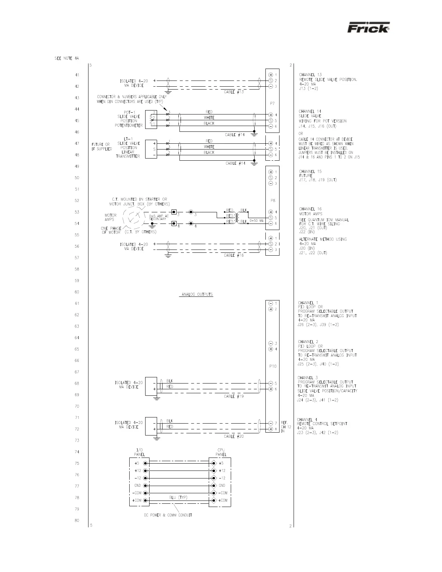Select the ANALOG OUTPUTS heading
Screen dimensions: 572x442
pyautogui.click(x=196, y=295)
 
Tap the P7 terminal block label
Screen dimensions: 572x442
pyautogui.click(x=273, y=103)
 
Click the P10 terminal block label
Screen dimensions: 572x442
pyautogui.click(x=273, y=366)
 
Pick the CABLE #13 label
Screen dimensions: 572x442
pyautogui.click(x=234, y=92)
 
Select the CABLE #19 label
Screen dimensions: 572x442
pyautogui.click(x=234, y=396)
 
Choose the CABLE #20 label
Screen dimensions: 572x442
pyautogui.click(x=234, y=436)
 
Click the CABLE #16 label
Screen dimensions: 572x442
pyautogui.click(x=234, y=255)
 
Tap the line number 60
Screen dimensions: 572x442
pyautogui.click(x=77, y=292)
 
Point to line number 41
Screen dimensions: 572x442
pyautogui.click(x=77, y=75)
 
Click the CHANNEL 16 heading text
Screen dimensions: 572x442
pyautogui.click(x=310, y=209)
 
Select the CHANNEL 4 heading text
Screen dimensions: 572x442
pyautogui.click(x=307, y=420)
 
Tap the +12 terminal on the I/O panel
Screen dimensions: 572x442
pyautogui.click(x=146, y=471)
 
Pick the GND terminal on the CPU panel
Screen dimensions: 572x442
pyautogui.click(x=214, y=486)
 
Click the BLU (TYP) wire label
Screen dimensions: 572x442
pyautogui.click(x=178, y=498)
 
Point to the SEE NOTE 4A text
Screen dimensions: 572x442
pyautogui.click(x=66, y=58)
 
